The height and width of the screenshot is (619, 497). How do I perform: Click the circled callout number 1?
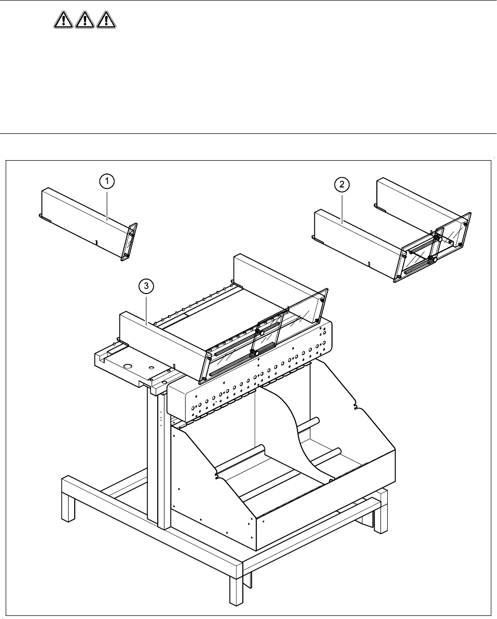click(x=107, y=181)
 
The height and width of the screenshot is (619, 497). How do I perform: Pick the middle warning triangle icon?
click(x=84, y=21)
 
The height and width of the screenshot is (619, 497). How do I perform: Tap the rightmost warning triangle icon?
click(x=106, y=21)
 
